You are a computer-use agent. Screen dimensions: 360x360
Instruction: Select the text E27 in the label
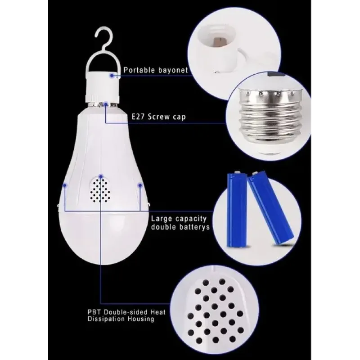click(138, 117)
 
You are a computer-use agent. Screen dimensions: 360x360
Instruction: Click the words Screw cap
click(167, 117)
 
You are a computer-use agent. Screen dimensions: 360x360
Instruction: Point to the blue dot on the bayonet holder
click(112, 75)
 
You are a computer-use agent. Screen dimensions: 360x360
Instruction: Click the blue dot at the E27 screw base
click(106, 104)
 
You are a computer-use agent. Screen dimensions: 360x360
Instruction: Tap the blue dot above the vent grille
click(100, 176)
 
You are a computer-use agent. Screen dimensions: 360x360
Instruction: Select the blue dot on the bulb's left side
click(65, 184)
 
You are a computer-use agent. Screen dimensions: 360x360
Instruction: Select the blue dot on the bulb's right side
click(139, 184)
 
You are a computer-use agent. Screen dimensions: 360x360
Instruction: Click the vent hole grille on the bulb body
click(100, 191)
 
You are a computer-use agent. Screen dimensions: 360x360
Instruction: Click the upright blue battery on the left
click(237, 210)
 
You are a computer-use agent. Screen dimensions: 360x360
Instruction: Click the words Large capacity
click(179, 219)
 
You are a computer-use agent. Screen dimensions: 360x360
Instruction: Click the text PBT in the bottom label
click(94, 312)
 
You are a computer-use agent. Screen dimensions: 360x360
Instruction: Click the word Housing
click(141, 319)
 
